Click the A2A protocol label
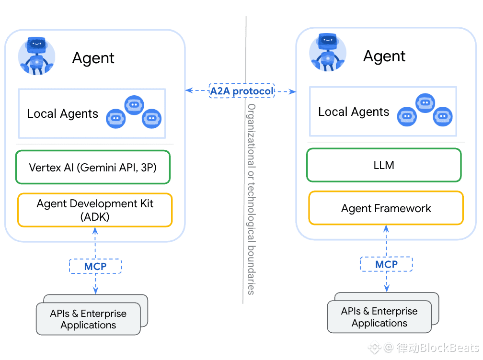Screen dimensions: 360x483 click(x=241, y=90)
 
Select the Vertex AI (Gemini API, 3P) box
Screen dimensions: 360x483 click(x=93, y=168)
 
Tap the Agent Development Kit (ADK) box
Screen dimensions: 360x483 click(x=95, y=210)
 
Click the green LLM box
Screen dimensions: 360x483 click(x=384, y=165)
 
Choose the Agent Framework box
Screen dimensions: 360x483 click(x=386, y=208)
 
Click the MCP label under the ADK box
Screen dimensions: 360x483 click(x=95, y=266)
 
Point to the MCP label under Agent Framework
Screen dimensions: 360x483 click(x=386, y=264)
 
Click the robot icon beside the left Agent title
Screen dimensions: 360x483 click(x=36, y=56)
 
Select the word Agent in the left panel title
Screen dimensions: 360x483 click(x=93, y=58)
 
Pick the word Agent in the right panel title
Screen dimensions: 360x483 click(x=384, y=56)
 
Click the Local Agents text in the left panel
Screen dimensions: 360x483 click(x=62, y=114)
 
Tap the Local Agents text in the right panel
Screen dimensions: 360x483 click(x=354, y=112)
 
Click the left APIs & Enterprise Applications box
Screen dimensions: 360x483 click(x=89, y=319)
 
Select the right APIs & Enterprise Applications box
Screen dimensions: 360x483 click(x=379, y=317)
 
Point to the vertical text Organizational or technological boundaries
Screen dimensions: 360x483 click(x=251, y=198)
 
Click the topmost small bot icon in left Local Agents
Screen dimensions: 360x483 click(x=134, y=105)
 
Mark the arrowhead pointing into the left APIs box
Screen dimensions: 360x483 click(x=95, y=291)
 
